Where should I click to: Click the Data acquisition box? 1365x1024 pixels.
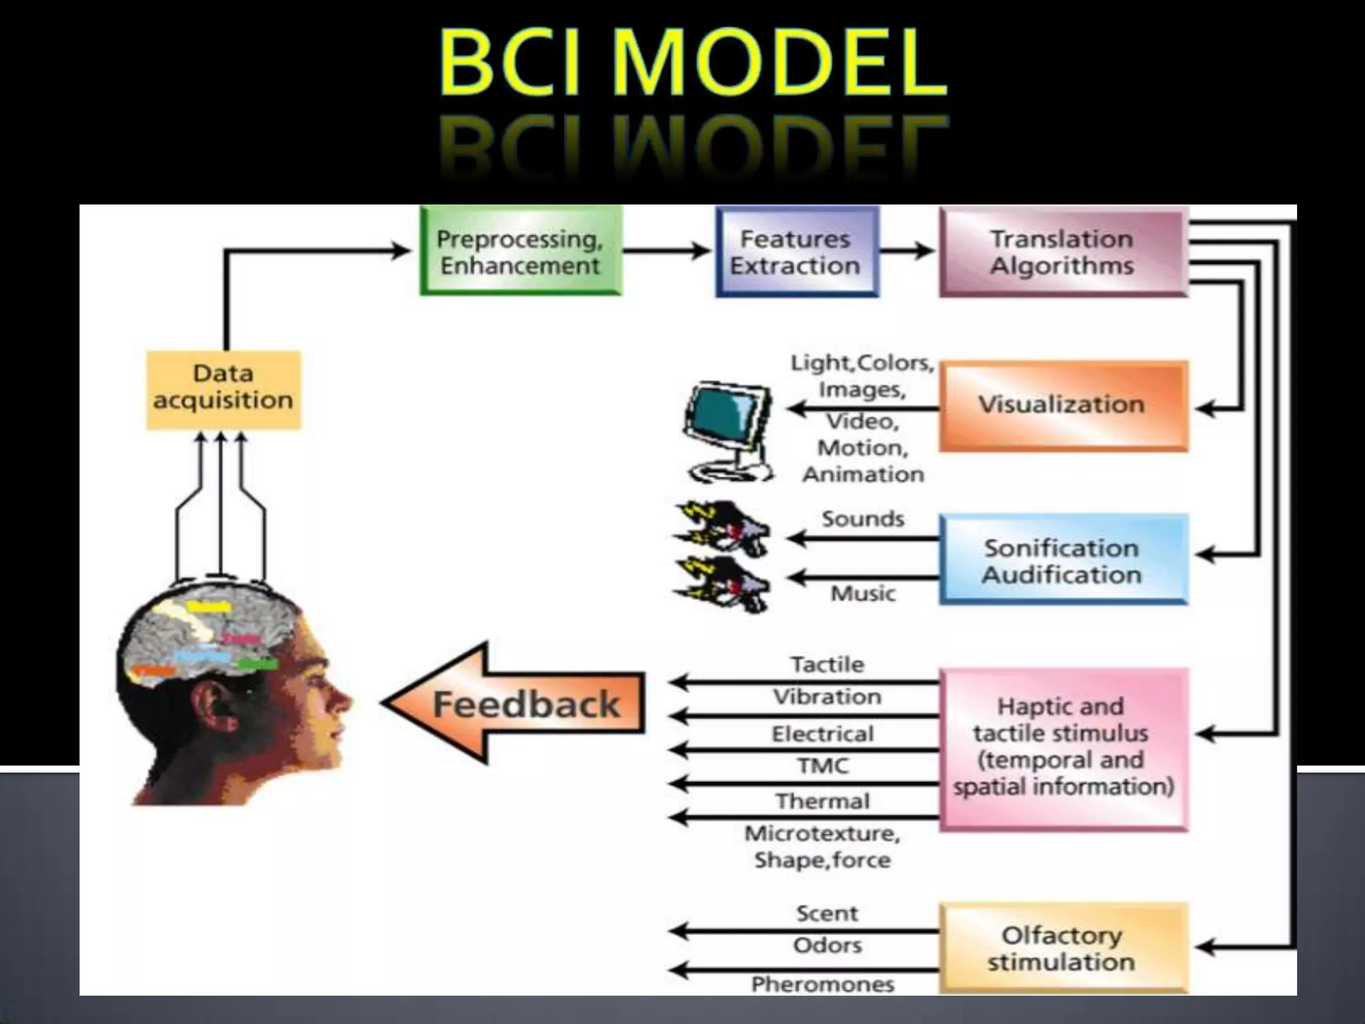pyautogui.click(x=223, y=389)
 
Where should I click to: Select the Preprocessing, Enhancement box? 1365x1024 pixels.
pyautogui.click(x=520, y=251)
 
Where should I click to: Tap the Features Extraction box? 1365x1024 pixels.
pyautogui.click(x=796, y=251)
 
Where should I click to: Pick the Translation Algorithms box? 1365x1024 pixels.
pyautogui.click(x=1062, y=251)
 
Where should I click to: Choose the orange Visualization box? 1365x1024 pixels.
pyautogui.click(x=1062, y=405)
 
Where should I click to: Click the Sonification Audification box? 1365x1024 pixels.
pyautogui.click(x=1062, y=560)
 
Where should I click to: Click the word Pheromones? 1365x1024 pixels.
pyautogui.click(x=822, y=984)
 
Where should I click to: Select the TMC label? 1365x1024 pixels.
pyautogui.click(x=822, y=766)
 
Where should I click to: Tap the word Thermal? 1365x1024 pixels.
pyautogui.click(x=822, y=801)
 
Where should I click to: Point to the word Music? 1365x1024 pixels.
pyautogui.click(x=862, y=593)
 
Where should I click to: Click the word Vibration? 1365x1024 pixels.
pyautogui.click(x=827, y=697)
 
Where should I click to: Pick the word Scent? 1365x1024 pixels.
pyautogui.click(x=827, y=913)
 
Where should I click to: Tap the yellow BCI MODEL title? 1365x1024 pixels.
pyautogui.click(x=693, y=63)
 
